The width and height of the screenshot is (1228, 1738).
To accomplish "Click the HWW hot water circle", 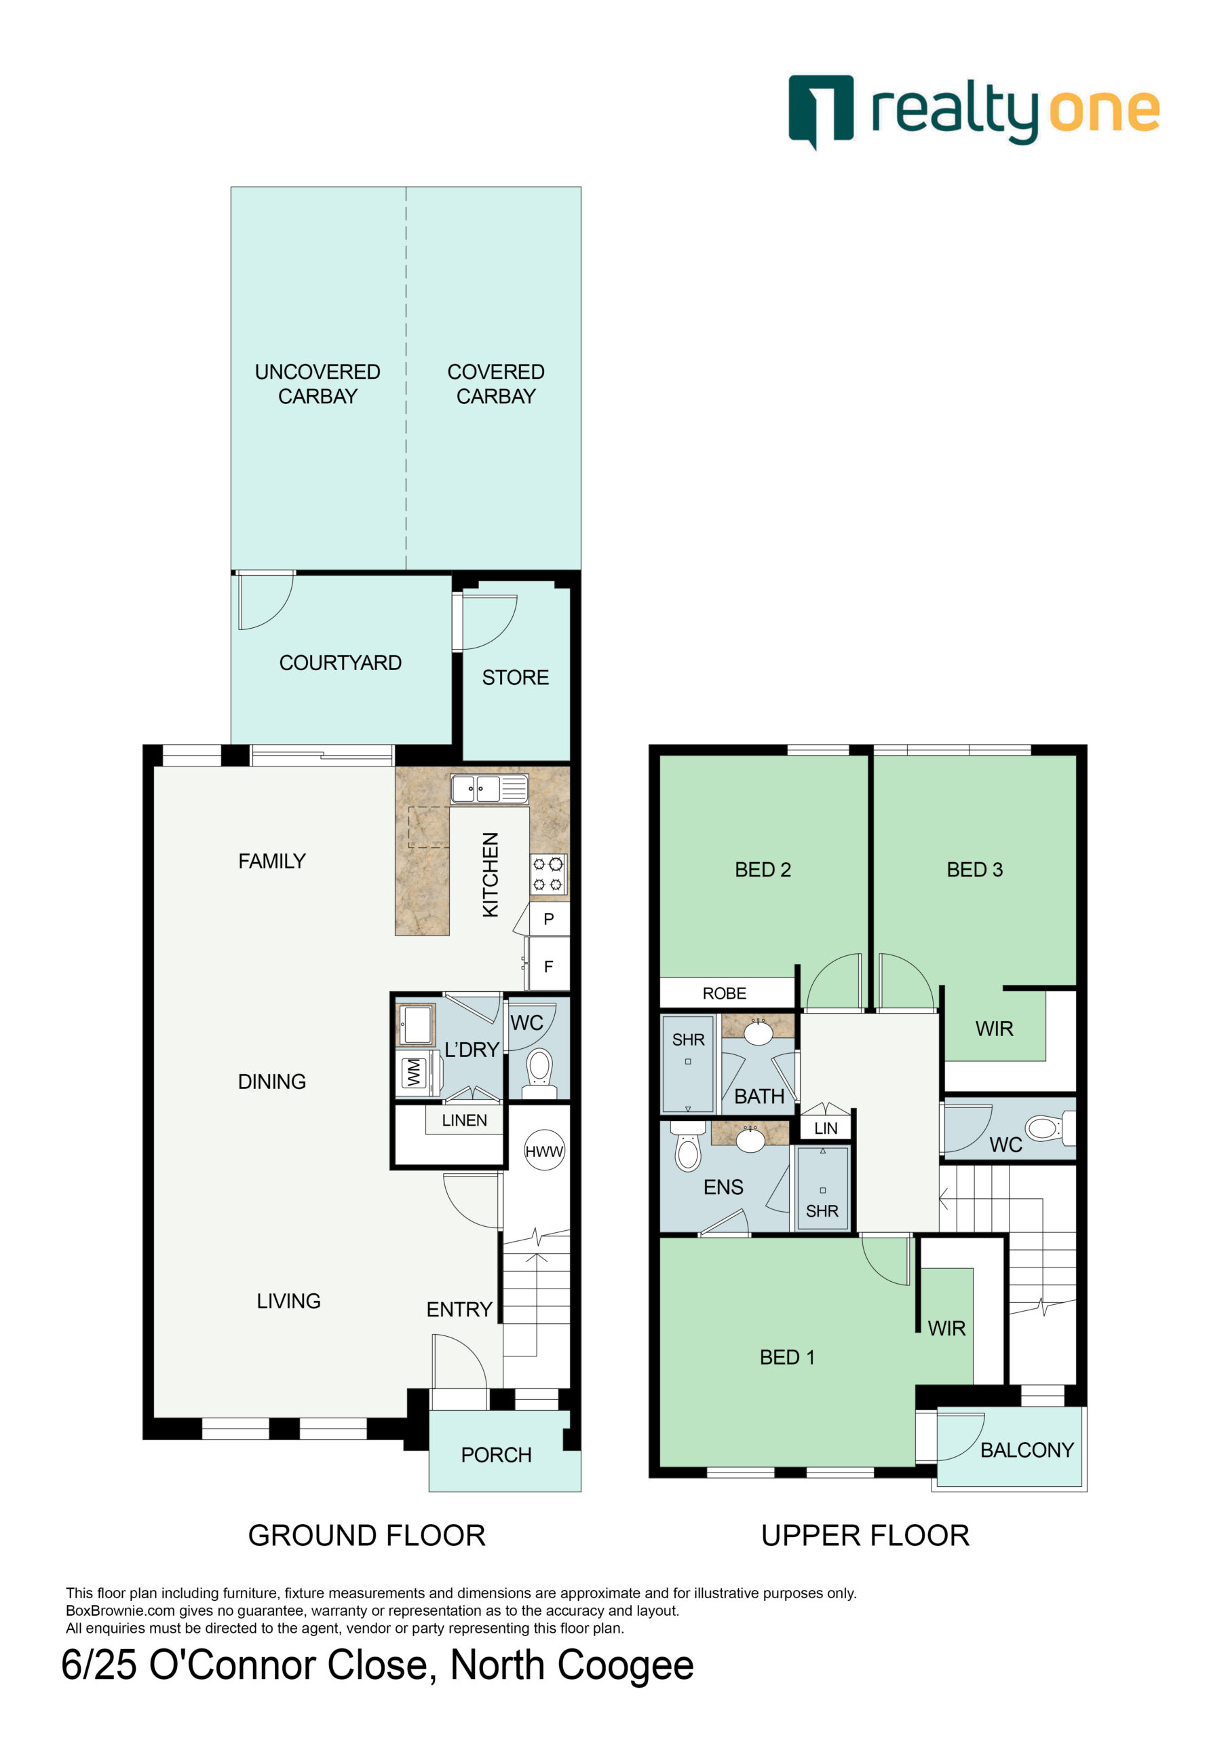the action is (544, 1151).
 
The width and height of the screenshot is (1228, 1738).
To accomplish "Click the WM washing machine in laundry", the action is (416, 1072).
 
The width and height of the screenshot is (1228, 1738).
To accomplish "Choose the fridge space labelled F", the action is (549, 965).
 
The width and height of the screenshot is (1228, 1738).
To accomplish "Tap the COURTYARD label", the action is (341, 663).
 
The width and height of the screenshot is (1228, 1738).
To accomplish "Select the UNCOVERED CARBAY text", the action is (318, 384).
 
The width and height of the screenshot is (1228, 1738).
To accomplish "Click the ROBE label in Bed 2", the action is (724, 993).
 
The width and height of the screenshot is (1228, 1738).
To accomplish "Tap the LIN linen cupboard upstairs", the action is (826, 1128).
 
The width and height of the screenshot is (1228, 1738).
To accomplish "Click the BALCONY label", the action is (1026, 1449).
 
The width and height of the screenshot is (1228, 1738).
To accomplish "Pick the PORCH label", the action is (497, 1455).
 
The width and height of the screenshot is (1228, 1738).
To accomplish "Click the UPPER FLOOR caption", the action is (865, 1535).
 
